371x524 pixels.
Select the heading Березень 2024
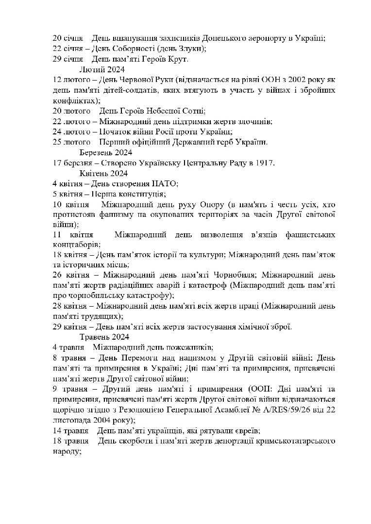click(x=102, y=152)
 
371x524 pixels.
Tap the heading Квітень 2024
click(x=103, y=173)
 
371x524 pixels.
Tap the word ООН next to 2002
click(x=266, y=80)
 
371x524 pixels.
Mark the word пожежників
click(x=186, y=347)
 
